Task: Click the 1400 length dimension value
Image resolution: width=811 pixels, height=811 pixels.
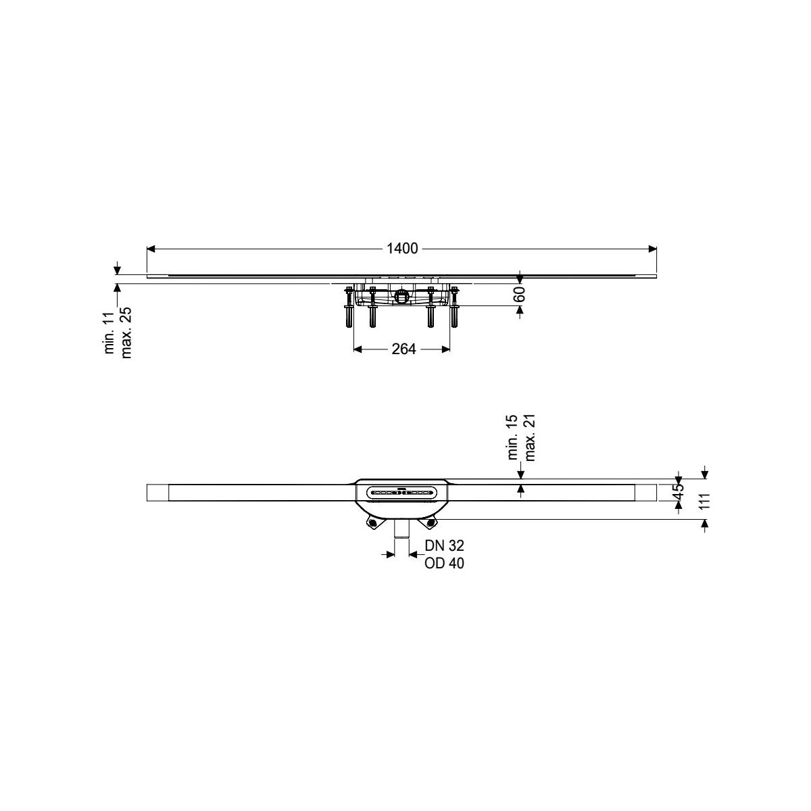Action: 402,249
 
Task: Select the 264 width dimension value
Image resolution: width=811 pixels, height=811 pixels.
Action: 403,349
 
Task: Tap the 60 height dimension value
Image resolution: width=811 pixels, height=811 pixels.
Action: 520,294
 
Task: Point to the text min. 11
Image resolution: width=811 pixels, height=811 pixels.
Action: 109,333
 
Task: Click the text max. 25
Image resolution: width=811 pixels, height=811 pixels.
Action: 126,333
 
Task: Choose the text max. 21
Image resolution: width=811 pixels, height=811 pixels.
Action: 529,438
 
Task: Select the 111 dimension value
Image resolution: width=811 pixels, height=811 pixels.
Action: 704,501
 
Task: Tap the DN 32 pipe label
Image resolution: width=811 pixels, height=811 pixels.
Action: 444,545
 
